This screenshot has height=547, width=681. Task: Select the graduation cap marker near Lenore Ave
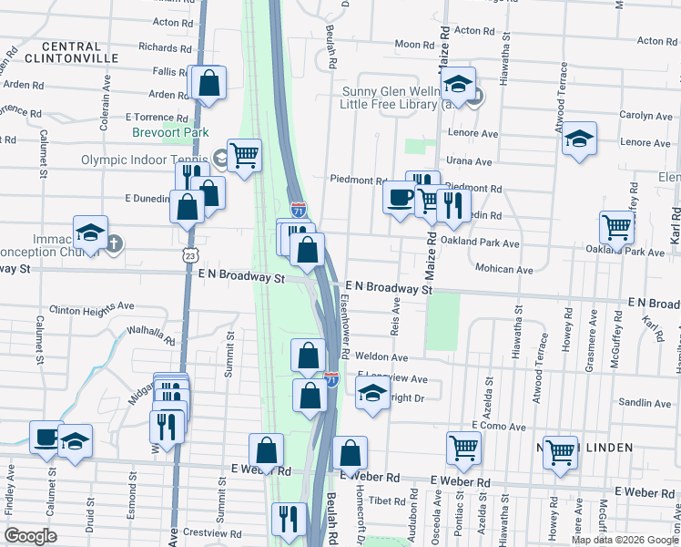click(x=579, y=139)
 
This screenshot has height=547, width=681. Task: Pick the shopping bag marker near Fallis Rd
click(x=208, y=83)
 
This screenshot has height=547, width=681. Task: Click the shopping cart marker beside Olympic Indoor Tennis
click(x=244, y=156)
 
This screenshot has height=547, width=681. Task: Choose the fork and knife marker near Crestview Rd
click(x=289, y=519)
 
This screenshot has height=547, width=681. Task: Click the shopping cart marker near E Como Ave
click(x=463, y=449)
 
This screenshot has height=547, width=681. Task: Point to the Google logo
click(x=31, y=535)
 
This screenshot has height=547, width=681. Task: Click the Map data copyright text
click(x=624, y=540)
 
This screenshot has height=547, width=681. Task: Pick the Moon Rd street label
click(x=414, y=44)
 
